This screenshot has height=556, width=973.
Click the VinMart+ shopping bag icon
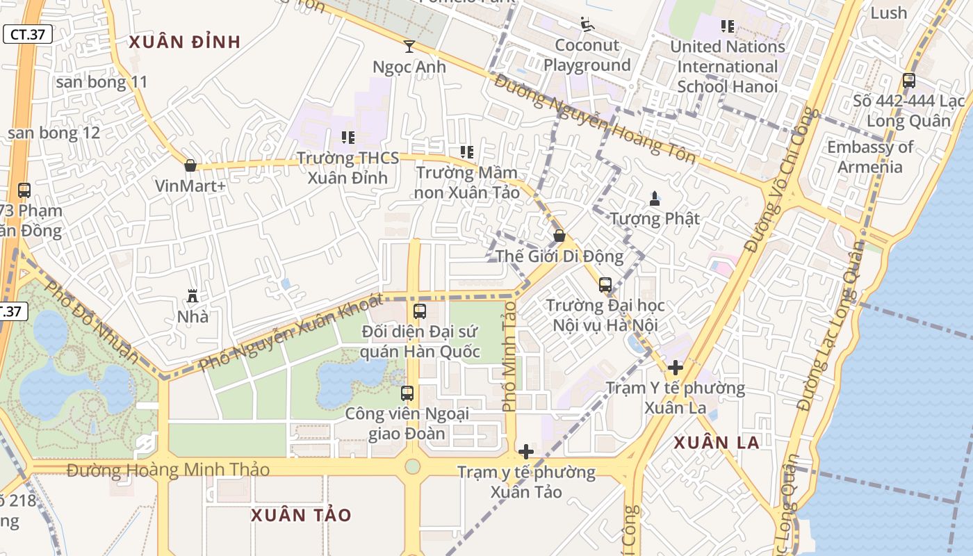[x=190, y=165]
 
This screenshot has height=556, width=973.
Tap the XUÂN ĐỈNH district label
[x=185, y=42]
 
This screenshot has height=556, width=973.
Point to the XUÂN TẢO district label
[x=301, y=515]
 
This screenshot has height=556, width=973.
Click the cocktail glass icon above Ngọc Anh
[x=409, y=47]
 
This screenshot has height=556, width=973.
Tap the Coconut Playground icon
[x=587, y=24]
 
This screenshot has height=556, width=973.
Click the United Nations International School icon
[x=727, y=26]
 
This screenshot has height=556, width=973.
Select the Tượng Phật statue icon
[x=654, y=198]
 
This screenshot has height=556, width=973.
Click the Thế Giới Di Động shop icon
[x=559, y=236]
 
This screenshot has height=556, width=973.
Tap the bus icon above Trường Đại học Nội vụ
[x=605, y=284]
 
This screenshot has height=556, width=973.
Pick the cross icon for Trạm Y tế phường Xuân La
[x=675, y=367]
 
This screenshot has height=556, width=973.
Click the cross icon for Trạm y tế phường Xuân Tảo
[x=526, y=452]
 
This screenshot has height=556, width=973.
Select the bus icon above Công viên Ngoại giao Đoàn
[x=407, y=393]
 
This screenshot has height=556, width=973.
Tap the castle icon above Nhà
[x=193, y=296]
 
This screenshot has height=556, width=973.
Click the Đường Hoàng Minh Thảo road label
[x=168, y=471]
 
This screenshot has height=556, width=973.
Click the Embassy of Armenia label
[x=869, y=157]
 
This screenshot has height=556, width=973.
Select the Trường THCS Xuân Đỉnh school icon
[x=348, y=137]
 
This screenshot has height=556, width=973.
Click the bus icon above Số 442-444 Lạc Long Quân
[x=908, y=80]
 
